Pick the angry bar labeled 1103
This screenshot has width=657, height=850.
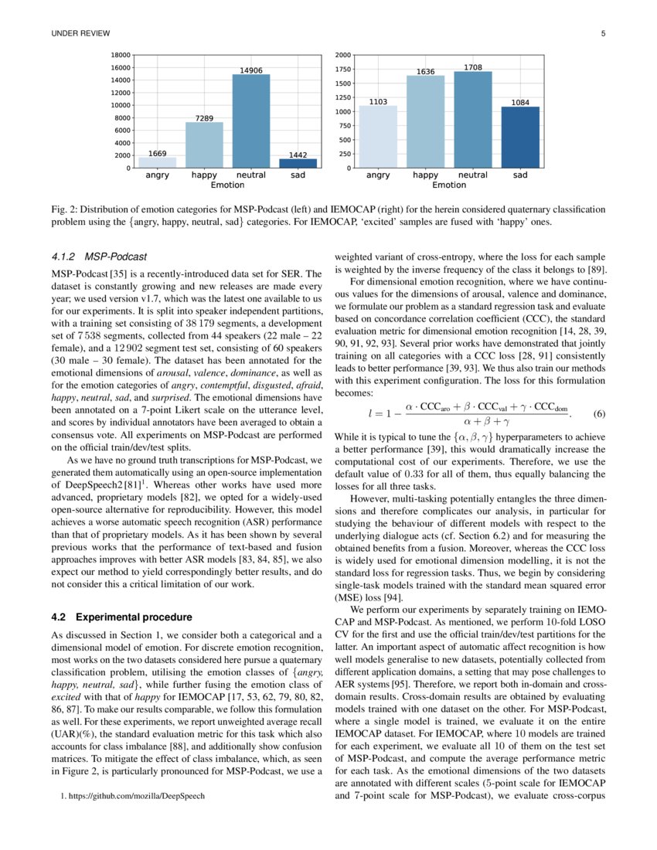[x=378, y=137]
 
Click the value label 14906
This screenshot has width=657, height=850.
[x=251, y=70]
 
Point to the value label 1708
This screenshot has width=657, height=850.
[x=473, y=67]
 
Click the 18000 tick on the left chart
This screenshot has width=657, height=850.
[x=120, y=56]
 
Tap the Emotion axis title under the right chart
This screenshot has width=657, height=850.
[x=449, y=185]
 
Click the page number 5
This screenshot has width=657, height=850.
[x=602, y=33]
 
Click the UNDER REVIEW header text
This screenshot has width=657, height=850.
[x=80, y=33]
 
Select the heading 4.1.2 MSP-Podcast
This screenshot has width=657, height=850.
[x=99, y=256]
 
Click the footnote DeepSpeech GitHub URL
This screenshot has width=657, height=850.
[x=133, y=796]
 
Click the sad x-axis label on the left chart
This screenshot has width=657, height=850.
[x=298, y=175]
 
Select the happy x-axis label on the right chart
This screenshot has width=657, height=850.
[x=425, y=175]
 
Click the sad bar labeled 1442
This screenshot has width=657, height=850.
[x=298, y=163]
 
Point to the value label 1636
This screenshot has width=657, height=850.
[x=425, y=72]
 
